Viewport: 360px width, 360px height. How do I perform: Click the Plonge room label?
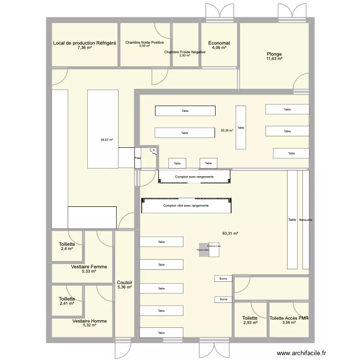275,54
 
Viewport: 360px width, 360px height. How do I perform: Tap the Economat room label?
219,43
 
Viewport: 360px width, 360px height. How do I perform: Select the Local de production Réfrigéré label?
84,43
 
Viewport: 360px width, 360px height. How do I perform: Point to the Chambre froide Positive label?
144,42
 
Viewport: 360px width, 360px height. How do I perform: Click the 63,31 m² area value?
230,234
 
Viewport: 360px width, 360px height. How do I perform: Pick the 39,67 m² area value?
107,140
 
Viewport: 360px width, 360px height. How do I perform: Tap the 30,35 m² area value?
227,130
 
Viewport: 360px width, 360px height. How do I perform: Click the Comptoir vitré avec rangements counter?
186,206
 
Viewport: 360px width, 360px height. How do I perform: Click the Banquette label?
306,220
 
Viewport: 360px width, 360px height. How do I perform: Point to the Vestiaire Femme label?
89,267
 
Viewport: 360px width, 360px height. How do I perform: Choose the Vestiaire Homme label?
90,321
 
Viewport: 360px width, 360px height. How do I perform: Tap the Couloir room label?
125,283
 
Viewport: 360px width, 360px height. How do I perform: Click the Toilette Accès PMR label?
288,318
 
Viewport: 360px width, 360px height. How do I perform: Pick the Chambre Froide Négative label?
185,52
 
